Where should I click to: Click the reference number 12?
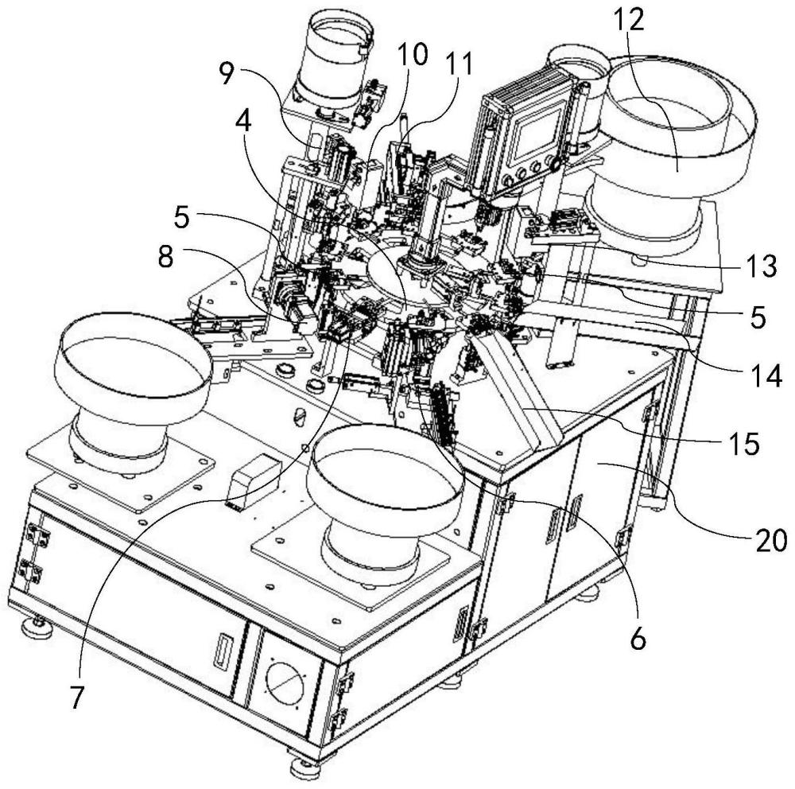tap(629, 21)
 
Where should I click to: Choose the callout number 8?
tap(165, 257)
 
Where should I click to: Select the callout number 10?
tap(412, 55)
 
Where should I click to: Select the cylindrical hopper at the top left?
tap(334, 62)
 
